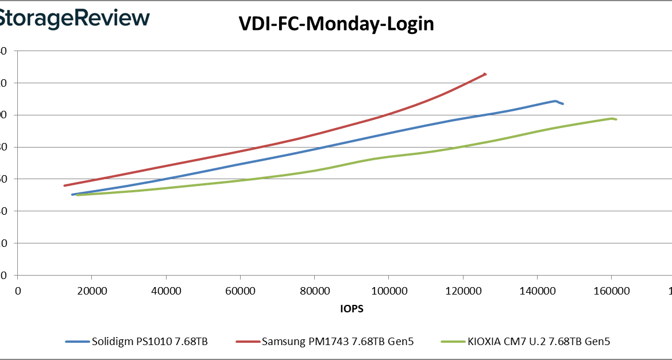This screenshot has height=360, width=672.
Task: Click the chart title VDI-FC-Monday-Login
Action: pyautogui.click(x=336, y=24)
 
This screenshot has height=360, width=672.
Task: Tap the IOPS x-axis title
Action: pyautogui.click(x=352, y=308)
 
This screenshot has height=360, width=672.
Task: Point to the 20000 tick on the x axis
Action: pyautogui.click(x=92, y=291)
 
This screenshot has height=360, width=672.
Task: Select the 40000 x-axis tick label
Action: pyautogui.click(x=166, y=291)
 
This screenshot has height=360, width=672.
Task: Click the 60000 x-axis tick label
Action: pyautogui.click(x=240, y=291)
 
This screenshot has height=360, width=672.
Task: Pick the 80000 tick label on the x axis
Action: pyautogui.click(x=314, y=291)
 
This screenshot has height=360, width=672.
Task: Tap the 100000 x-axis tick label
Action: pyautogui.click(x=388, y=291)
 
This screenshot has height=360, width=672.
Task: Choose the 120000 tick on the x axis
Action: pyautogui.click(x=463, y=291)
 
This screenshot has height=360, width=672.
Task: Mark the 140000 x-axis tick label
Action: pyautogui.click(x=537, y=291)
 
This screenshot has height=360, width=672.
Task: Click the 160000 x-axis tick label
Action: pyautogui.click(x=611, y=291)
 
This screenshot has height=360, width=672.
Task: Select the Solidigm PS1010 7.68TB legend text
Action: pyautogui.click(x=149, y=342)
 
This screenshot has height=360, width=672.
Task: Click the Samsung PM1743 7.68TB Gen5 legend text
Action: pyautogui.click(x=337, y=342)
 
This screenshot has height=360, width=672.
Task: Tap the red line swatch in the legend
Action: pyautogui.click(x=248, y=342)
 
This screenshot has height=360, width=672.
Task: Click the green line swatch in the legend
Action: pyautogui.click(x=452, y=342)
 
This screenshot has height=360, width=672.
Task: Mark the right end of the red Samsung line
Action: pyautogui.click(x=485, y=74)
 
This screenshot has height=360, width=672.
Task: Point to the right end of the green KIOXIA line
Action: pyautogui.click(x=616, y=119)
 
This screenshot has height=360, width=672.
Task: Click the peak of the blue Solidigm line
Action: pyautogui.click(x=555, y=101)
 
